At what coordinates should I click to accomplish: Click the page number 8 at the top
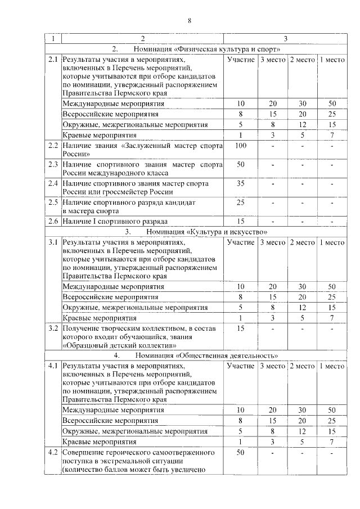(x=190, y=21)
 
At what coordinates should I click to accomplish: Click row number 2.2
(x=53, y=146)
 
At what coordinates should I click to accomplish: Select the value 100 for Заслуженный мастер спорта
(x=241, y=146)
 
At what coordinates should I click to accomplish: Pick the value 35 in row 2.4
(x=241, y=183)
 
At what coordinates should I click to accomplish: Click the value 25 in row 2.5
(x=241, y=202)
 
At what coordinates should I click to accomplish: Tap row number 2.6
(x=53, y=221)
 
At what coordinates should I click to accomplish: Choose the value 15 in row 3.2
(x=241, y=328)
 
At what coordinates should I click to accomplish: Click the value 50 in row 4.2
(x=241, y=452)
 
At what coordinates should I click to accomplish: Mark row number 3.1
(x=53, y=242)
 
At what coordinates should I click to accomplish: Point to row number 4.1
(x=53, y=366)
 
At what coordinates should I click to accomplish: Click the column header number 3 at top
(x=285, y=38)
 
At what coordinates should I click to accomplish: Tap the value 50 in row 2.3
(x=241, y=165)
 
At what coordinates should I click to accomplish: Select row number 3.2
(x=53, y=328)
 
